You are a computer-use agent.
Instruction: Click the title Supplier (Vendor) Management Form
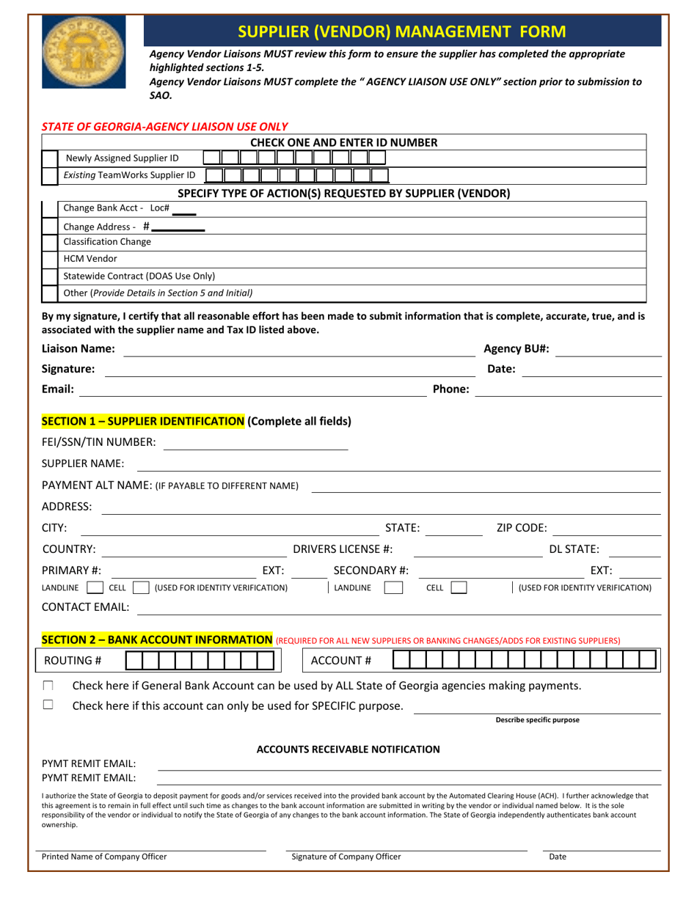[402, 32]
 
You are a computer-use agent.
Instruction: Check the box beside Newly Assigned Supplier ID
[49, 158]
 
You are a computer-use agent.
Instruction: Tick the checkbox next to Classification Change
[49, 241]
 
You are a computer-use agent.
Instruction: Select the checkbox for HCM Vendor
[49, 259]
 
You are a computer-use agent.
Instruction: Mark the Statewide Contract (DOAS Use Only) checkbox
[49, 276]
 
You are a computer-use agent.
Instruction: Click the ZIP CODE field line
[606, 528]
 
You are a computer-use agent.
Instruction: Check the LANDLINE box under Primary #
[94, 587]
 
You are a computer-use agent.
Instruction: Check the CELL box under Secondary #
[459, 587]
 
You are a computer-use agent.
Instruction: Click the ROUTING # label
[73, 661]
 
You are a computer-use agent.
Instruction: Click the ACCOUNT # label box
[341, 661]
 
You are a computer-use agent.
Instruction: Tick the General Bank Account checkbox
[48, 686]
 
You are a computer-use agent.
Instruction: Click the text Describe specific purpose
[537, 719]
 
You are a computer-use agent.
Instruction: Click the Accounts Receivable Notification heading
[348, 749]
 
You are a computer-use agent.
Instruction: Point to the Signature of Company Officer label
[346, 857]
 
